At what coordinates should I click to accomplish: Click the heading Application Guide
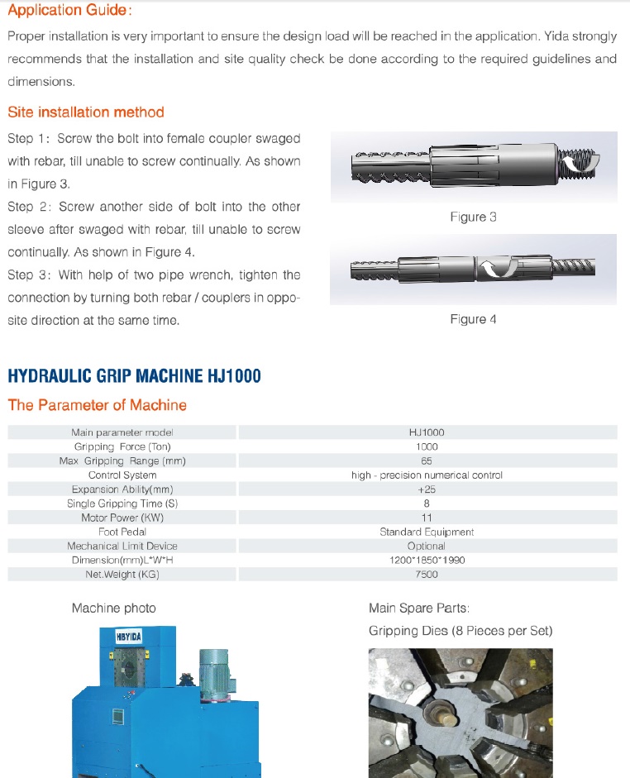(69, 11)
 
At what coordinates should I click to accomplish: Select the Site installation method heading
(86, 112)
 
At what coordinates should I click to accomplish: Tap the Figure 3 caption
(473, 217)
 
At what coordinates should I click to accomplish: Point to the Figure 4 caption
(473, 319)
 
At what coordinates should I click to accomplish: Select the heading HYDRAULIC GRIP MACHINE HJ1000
(134, 376)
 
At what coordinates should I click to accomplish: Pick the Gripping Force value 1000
(427, 446)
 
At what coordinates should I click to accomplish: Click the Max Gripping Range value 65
(427, 461)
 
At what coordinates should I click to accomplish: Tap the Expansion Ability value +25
(427, 489)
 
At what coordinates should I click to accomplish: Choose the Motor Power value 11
(427, 518)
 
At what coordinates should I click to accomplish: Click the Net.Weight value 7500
(427, 575)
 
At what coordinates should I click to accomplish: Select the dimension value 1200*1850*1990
(427, 561)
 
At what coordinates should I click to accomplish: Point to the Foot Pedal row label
(122, 532)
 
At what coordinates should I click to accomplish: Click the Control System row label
(122, 475)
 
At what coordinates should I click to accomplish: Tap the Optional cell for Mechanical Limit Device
(427, 546)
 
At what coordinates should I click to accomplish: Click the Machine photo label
(113, 609)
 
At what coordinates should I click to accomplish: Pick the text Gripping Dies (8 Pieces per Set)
(461, 631)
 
